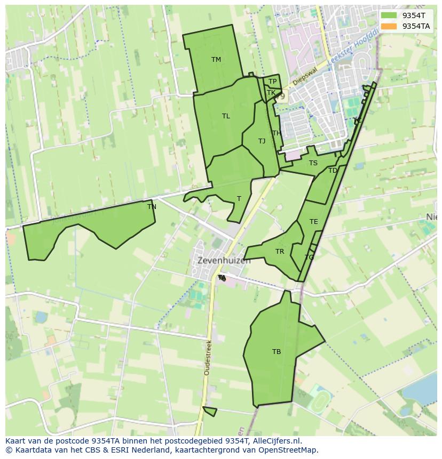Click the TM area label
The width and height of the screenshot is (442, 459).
(x=216, y=60)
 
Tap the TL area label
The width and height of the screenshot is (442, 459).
(x=226, y=116)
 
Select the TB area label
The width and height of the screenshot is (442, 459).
(x=276, y=352)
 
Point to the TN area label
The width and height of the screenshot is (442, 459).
(x=152, y=207)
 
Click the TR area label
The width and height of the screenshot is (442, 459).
(x=280, y=252)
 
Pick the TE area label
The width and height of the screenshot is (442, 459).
(x=313, y=222)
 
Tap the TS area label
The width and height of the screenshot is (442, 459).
(x=313, y=163)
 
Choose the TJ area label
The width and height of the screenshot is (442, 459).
(x=262, y=141)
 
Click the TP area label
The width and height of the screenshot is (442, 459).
(x=272, y=82)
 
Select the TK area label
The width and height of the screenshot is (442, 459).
(x=271, y=93)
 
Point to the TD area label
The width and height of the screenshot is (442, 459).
(x=333, y=171)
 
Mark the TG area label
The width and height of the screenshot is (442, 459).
(x=309, y=257)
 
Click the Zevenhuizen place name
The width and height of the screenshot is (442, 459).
(x=224, y=261)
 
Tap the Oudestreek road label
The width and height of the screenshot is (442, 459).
(x=208, y=357)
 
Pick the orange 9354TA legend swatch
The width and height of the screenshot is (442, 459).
(x=389, y=26)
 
